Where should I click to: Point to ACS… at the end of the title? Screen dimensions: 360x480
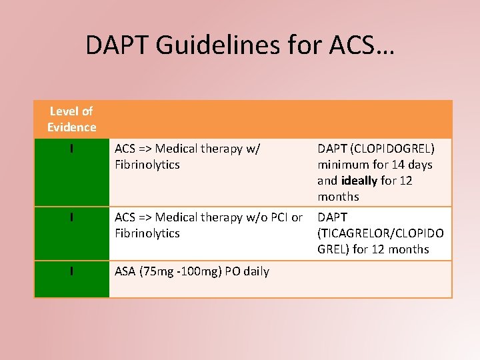[361, 45]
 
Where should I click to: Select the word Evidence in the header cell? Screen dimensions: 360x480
[71, 127]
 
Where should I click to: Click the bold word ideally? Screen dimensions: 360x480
[359, 181]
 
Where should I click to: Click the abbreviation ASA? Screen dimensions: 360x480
[125, 271]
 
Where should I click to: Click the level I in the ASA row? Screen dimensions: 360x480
[71, 271]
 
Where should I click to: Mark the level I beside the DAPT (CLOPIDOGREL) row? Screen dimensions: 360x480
[71, 149]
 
